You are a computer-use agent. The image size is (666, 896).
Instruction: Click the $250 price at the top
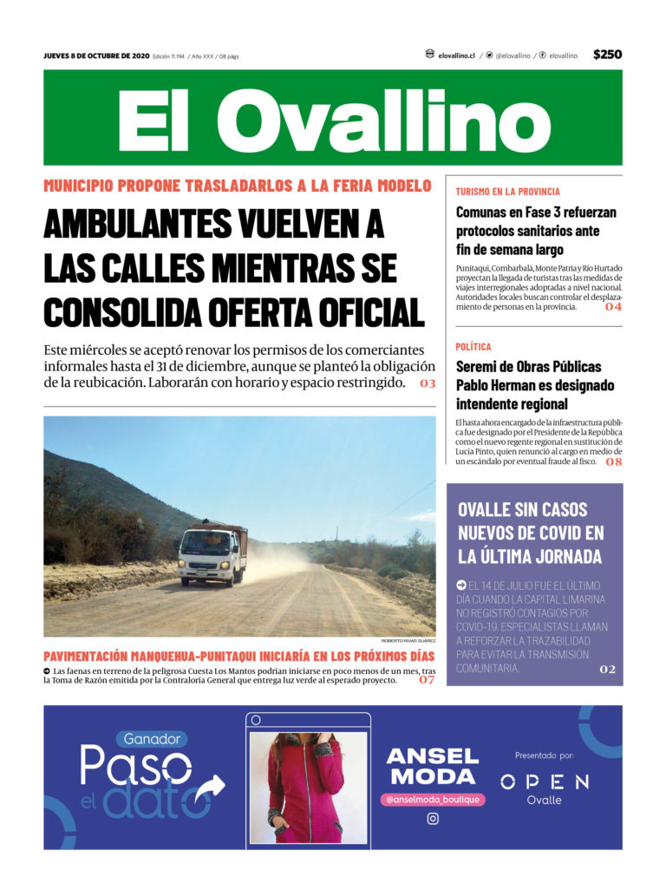(x=607, y=55)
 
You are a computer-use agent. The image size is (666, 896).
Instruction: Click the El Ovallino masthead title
(x=333, y=120)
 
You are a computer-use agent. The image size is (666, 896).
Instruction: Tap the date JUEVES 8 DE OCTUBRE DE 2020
(x=96, y=56)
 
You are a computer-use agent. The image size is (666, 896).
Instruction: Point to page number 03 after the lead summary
(x=427, y=383)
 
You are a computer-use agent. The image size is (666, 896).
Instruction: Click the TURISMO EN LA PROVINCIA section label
(x=507, y=191)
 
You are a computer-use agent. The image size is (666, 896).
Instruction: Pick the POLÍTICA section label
(x=473, y=346)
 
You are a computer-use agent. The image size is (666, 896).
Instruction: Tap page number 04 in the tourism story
(x=613, y=307)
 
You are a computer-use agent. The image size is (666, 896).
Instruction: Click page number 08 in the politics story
(x=613, y=462)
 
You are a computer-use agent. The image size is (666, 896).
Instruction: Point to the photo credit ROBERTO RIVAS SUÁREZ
(x=408, y=641)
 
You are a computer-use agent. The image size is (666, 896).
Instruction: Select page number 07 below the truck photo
(x=426, y=680)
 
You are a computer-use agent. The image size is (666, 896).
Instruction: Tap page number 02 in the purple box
(x=606, y=669)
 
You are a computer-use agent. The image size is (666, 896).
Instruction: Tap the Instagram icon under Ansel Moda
(x=432, y=818)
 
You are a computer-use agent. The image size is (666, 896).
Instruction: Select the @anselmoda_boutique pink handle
(x=432, y=799)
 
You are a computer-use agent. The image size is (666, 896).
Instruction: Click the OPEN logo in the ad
(x=545, y=782)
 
